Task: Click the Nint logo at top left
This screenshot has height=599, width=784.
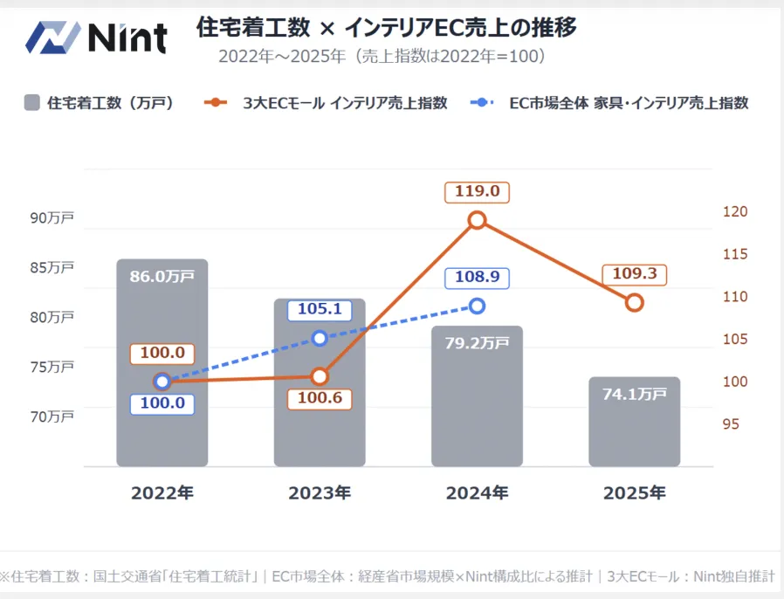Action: (x=96, y=37)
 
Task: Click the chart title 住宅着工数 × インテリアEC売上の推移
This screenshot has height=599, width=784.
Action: (x=386, y=28)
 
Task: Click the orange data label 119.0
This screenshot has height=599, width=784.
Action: (x=477, y=191)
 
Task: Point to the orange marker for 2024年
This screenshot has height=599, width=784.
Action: (x=477, y=220)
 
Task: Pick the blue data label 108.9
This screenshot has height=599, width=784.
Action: (x=477, y=277)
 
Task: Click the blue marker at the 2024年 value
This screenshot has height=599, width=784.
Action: (x=477, y=306)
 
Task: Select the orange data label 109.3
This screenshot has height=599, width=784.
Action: (x=635, y=273)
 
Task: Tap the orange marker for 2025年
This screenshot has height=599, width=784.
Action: (x=635, y=302)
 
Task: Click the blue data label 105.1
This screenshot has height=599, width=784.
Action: (x=320, y=310)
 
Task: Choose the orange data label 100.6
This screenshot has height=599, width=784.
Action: (x=320, y=399)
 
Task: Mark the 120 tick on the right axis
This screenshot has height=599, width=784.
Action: (x=735, y=212)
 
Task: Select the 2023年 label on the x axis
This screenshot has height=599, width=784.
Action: (x=320, y=492)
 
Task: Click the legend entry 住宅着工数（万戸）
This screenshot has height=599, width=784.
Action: (x=99, y=103)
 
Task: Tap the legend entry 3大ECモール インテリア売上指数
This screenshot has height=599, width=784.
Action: (x=327, y=103)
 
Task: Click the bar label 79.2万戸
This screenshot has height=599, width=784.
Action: (x=477, y=343)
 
